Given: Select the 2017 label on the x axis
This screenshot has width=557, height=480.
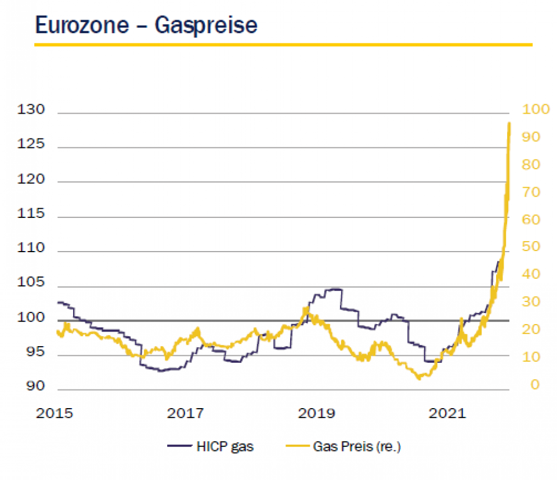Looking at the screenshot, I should pos(185,413).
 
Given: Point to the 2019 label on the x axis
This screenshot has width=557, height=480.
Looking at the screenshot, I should pos(317,413).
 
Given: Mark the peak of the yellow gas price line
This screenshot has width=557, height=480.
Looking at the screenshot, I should pos(509,123).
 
